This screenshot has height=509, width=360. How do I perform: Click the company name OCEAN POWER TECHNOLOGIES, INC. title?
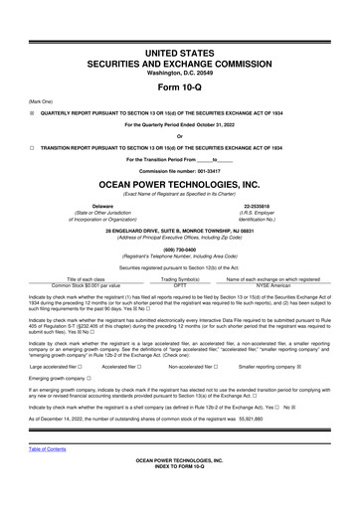click(x=179, y=185)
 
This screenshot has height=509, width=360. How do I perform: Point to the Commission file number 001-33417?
click(x=179, y=170)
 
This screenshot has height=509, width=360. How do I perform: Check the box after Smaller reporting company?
click(x=299, y=366)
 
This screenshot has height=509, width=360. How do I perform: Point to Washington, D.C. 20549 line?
click(x=179, y=70)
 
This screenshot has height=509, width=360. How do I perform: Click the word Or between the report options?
click(x=179, y=135)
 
